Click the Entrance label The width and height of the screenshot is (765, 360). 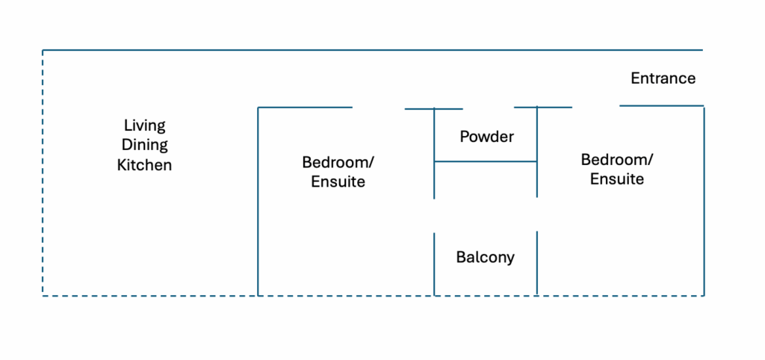[663, 78]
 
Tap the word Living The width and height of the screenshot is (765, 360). [144, 125]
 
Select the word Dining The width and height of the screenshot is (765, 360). [144, 145]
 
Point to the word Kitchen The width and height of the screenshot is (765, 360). [144, 165]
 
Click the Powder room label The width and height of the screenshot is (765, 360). [486, 137]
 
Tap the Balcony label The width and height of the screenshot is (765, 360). [485, 258]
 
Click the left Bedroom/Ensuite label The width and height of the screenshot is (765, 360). [338, 171]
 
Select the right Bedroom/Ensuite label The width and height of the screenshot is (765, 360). [616, 170]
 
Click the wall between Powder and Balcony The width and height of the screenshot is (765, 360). [486, 161]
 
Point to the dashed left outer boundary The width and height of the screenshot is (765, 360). [43, 172]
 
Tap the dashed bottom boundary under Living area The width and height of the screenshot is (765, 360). [149, 296]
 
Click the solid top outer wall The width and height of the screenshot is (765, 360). [374, 50]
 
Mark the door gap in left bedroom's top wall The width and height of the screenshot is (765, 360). [378, 108]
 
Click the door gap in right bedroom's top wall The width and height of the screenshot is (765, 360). [595, 107]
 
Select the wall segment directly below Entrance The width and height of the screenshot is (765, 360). [661, 106]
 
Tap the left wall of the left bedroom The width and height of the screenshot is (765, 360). [258, 202]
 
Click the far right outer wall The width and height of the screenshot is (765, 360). [704, 202]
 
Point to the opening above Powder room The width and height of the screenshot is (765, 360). [489, 108]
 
